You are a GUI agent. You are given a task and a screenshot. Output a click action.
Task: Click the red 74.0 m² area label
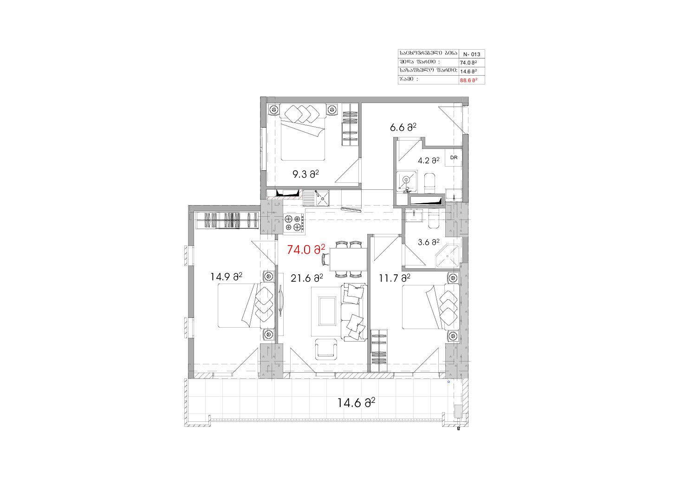(306, 249)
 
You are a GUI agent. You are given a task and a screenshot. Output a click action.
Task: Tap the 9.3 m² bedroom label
(305, 174)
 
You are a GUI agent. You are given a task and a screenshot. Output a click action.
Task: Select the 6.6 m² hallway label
(403, 127)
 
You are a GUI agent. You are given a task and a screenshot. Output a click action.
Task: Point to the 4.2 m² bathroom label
(429, 161)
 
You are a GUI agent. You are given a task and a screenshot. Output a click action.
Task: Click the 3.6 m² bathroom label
(429, 242)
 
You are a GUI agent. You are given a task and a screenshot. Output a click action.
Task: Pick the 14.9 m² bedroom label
(226, 277)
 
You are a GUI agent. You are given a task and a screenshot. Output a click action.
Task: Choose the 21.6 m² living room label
(306, 278)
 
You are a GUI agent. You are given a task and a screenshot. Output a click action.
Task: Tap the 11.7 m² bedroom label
(394, 278)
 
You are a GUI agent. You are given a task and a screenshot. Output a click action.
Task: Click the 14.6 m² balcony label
(356, 403)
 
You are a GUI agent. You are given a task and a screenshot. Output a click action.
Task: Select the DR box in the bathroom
(454, 158)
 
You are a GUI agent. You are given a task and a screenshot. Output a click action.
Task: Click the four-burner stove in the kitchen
(294, 223)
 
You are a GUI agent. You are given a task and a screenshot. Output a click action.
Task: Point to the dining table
(348, 259)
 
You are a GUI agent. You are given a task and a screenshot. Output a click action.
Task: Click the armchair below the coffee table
(326, 349)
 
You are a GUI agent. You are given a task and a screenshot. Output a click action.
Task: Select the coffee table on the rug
(327, 311)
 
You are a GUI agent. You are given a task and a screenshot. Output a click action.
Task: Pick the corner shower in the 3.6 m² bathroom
(447, 256)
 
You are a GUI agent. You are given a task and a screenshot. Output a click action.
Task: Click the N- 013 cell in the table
(472, 54)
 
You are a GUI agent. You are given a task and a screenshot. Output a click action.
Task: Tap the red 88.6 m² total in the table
(468, 80)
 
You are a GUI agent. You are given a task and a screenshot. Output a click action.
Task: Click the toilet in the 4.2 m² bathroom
(429, 183)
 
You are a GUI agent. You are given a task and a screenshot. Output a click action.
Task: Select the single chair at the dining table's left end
(326, 259)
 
